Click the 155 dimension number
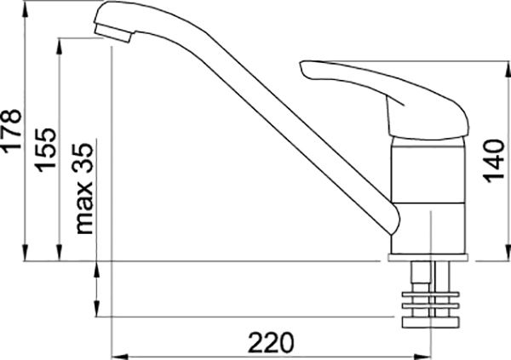click(46, 150)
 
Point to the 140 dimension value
click(493, 161)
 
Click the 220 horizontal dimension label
click(271, 343)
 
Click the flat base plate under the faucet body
click(428, 258)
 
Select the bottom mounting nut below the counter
click(430, 323)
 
